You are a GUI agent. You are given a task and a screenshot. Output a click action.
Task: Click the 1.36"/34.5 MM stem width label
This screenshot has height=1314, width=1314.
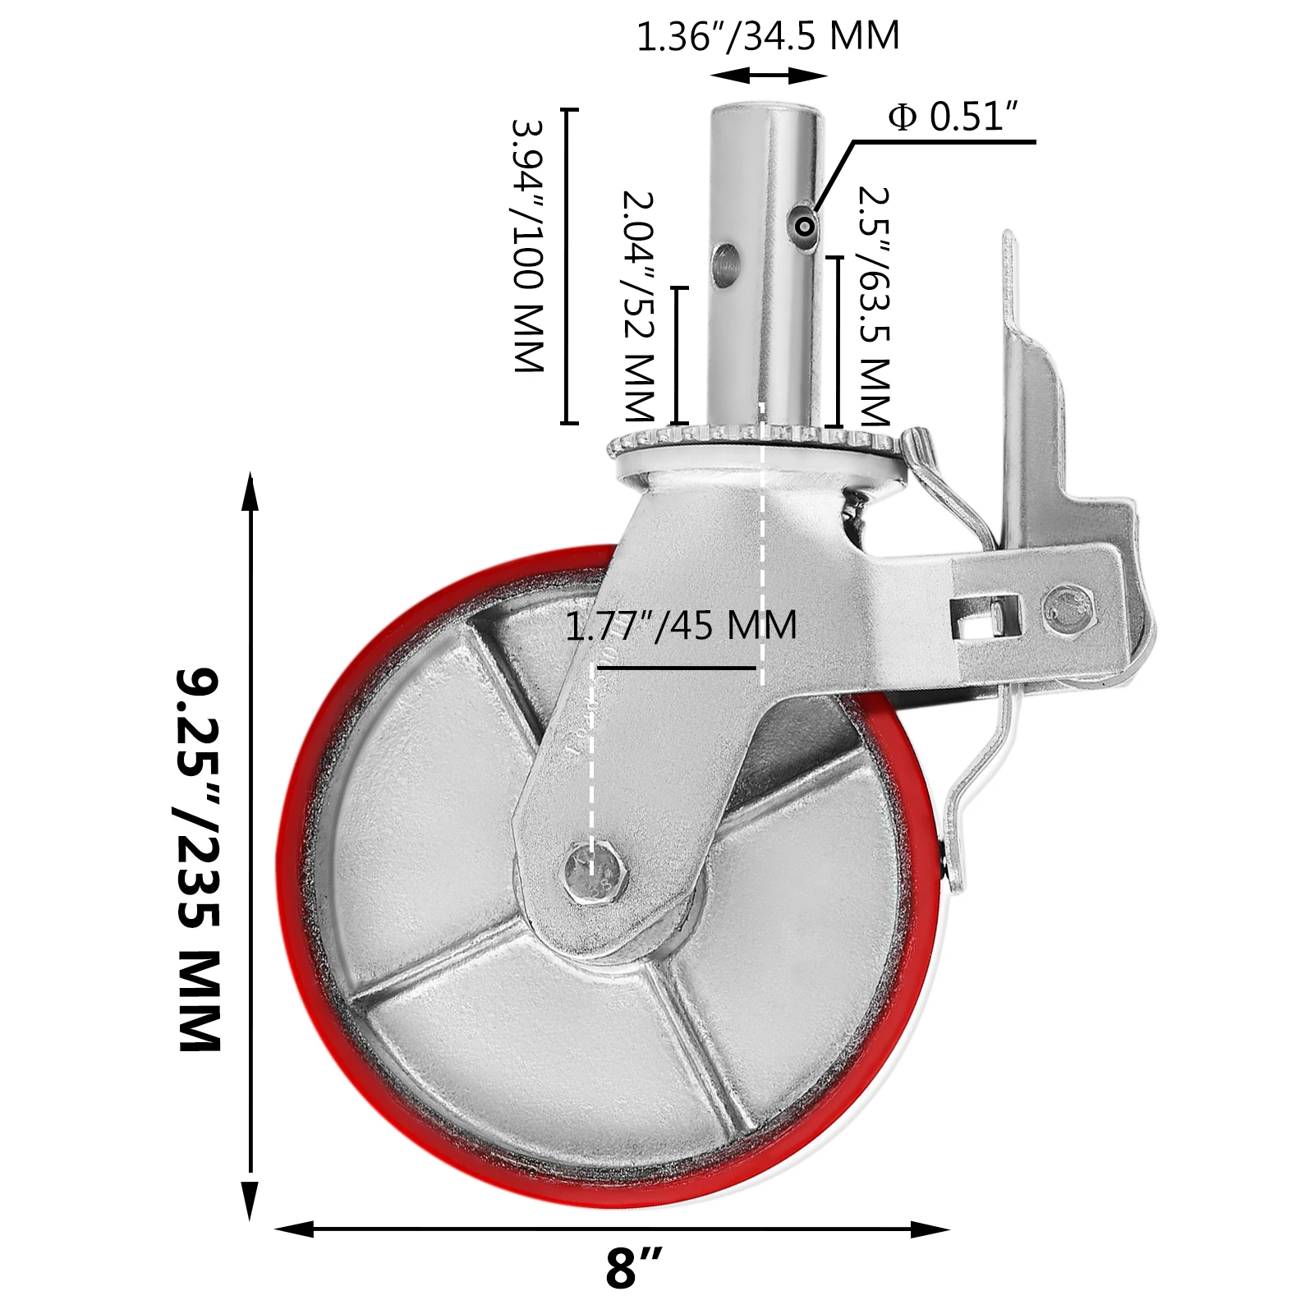point(768,36)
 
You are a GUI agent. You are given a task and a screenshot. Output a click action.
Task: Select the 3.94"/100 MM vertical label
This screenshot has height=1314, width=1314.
point(528,246)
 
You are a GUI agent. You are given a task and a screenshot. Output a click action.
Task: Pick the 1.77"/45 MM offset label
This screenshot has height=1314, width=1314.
point(681,626)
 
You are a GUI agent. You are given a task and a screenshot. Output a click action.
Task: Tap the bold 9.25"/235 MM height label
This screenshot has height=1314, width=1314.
point(200,859)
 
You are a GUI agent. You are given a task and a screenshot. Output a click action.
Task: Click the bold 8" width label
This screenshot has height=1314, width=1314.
point(632,1268)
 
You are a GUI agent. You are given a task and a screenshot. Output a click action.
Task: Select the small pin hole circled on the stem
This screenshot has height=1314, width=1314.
point(806,224)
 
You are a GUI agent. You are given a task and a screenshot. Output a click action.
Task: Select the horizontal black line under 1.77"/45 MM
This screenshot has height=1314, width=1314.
point(682,668)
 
